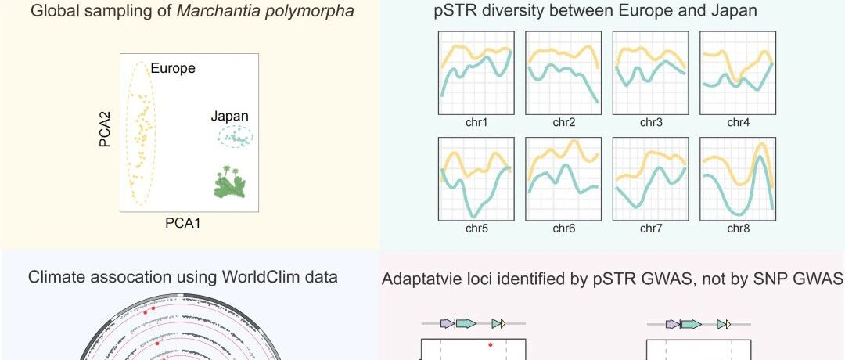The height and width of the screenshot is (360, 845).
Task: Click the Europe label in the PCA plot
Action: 172,68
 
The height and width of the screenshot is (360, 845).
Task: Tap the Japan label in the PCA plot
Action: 229,117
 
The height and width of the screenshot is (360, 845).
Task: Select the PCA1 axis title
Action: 182,223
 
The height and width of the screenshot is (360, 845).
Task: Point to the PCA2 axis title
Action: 105,129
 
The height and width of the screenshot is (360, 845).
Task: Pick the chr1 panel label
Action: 476,122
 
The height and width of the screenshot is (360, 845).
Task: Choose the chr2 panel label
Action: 563,122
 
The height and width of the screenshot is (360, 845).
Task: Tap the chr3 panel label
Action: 651,122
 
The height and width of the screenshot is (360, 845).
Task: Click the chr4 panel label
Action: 739,122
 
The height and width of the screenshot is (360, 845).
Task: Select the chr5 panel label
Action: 476,229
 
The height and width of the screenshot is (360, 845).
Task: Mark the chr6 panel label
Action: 563,229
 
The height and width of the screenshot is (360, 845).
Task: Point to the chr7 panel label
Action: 651,229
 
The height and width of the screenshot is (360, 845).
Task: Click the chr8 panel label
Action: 739,229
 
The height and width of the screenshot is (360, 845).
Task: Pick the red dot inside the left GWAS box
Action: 491,344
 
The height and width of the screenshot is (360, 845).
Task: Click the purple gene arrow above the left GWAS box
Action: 448,323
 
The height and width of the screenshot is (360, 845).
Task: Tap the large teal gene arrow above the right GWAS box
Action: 692,323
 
